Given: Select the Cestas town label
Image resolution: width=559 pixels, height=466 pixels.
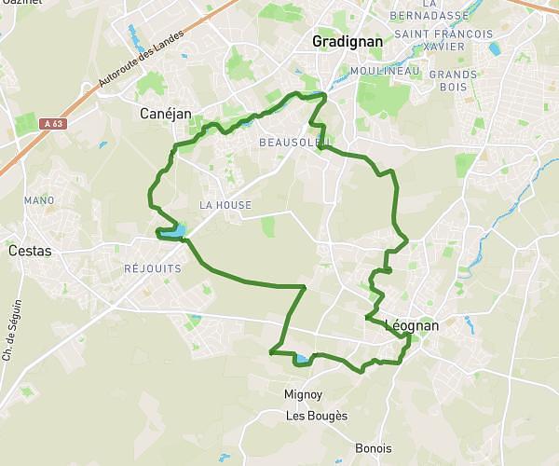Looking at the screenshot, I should pos(30,251).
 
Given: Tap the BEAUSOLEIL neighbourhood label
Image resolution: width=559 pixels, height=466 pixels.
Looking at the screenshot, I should pos(292,142).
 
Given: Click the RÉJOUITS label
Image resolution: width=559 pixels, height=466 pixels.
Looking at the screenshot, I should pos(152,267).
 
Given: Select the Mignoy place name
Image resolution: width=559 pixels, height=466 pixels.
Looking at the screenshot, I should pos(303,394).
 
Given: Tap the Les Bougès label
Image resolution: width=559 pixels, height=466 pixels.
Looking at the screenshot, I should pos(317,416).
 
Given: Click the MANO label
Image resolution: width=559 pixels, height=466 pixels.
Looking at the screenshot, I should pos(39,200).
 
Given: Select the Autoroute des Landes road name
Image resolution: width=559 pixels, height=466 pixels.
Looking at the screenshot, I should pos(133,66).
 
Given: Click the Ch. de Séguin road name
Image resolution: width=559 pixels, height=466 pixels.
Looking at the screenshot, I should pos(12,330).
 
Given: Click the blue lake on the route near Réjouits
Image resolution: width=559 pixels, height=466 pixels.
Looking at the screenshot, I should pos(172,231).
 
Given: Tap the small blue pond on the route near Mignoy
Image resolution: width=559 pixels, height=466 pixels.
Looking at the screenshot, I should pos(302,359).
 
